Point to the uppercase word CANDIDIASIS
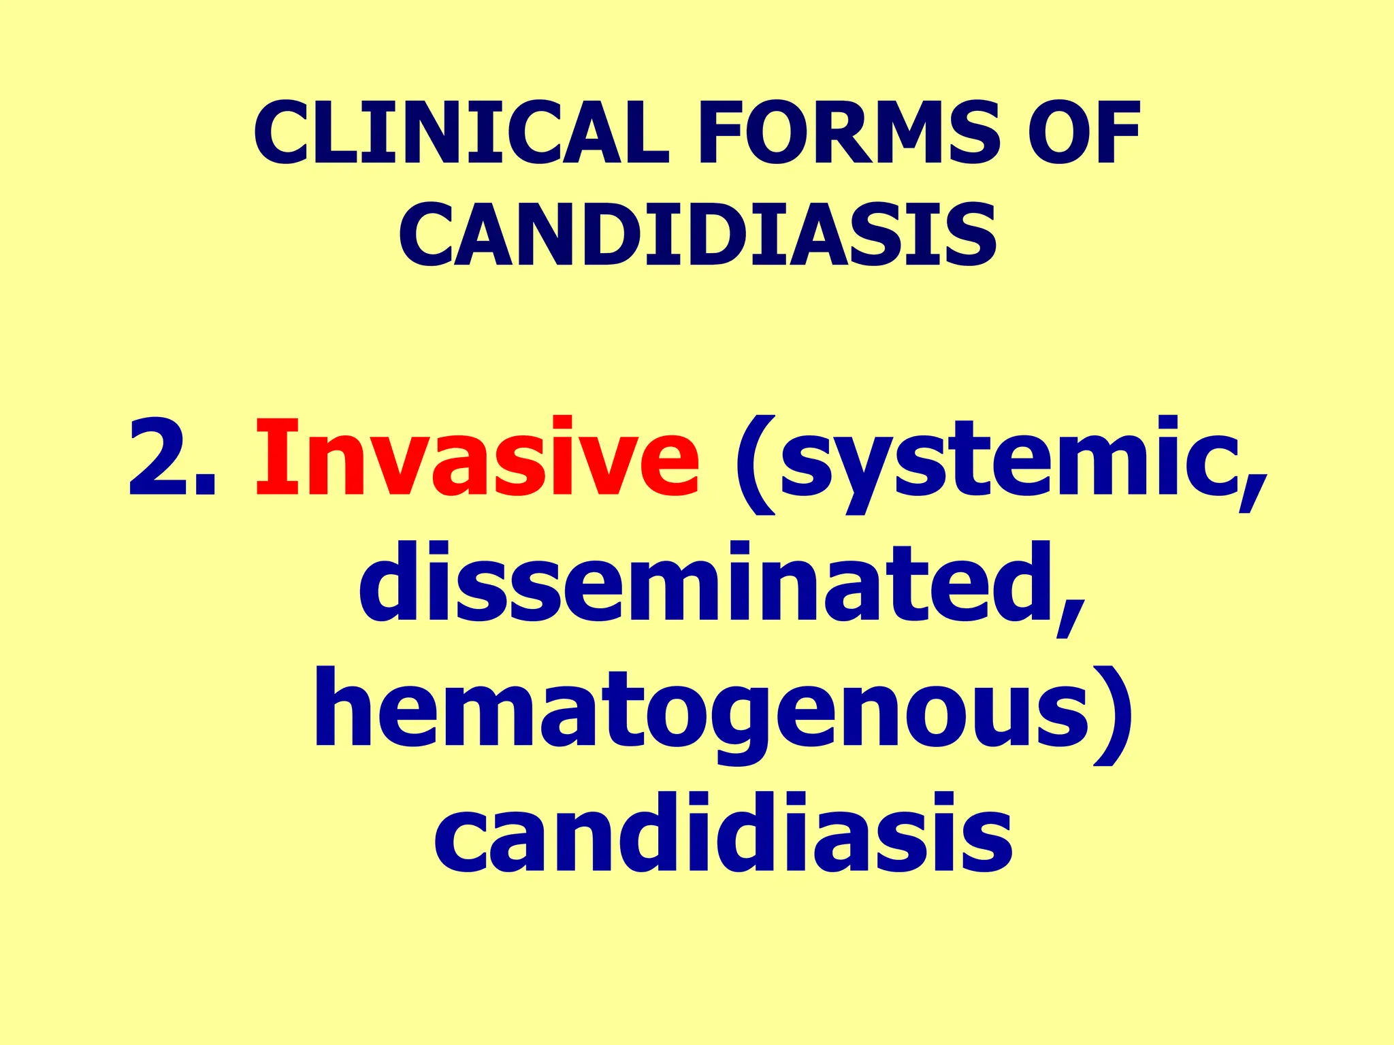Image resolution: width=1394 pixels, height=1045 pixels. click(x=697, y=235)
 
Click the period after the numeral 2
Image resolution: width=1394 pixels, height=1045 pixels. click(x=206, y=486)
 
